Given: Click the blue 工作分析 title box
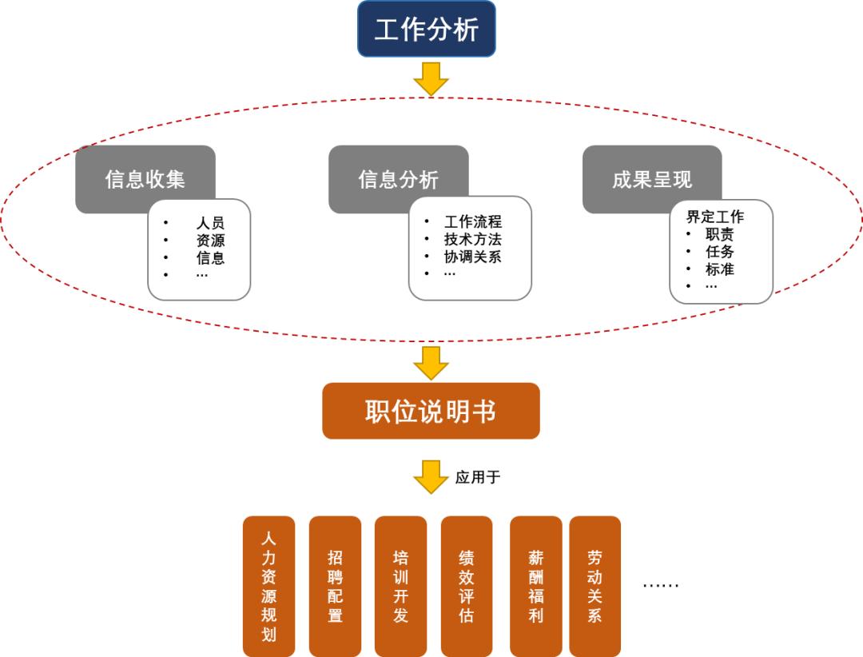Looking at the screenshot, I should point(426,29).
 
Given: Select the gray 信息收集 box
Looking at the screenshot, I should point(145,178).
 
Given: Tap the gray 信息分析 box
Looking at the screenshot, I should point(398,178).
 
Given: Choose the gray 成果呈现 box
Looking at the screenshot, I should point(652,178).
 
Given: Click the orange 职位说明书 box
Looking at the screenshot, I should point(431,411).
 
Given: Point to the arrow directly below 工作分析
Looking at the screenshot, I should point(431,78).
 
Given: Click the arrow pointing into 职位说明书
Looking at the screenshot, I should point(431,362).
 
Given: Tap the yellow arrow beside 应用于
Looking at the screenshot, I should point(431,476).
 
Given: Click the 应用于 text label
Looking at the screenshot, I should point(478,477).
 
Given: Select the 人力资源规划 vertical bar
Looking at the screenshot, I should point(268,586).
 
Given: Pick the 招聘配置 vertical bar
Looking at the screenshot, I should point(335,586).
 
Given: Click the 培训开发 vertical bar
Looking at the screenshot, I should point(400,586).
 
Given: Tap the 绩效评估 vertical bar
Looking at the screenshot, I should point(467,586).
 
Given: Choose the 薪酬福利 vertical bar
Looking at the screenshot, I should point(535,586).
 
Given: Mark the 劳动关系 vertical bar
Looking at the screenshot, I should point(595,586).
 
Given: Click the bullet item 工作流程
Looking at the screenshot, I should point(473,221).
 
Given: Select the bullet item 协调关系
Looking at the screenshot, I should point(473,257).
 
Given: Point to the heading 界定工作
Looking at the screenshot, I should point(714,217).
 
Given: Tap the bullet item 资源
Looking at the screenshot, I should point(210,240).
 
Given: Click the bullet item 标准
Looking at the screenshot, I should point(719,269).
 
